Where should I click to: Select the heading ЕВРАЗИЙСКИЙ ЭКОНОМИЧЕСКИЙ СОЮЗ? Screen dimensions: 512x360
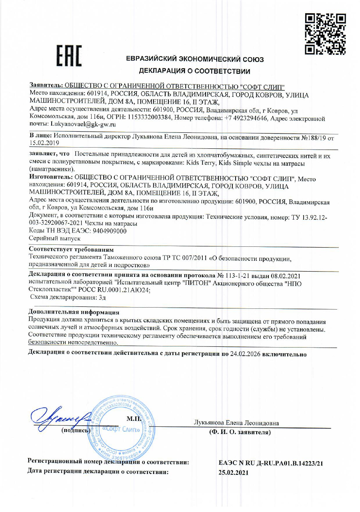(195, 60)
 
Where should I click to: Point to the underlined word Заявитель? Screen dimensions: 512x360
(46, 86)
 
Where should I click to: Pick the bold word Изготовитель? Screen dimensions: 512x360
(50, 177)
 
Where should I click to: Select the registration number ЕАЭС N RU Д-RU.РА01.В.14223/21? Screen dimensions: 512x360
(271, 463)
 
